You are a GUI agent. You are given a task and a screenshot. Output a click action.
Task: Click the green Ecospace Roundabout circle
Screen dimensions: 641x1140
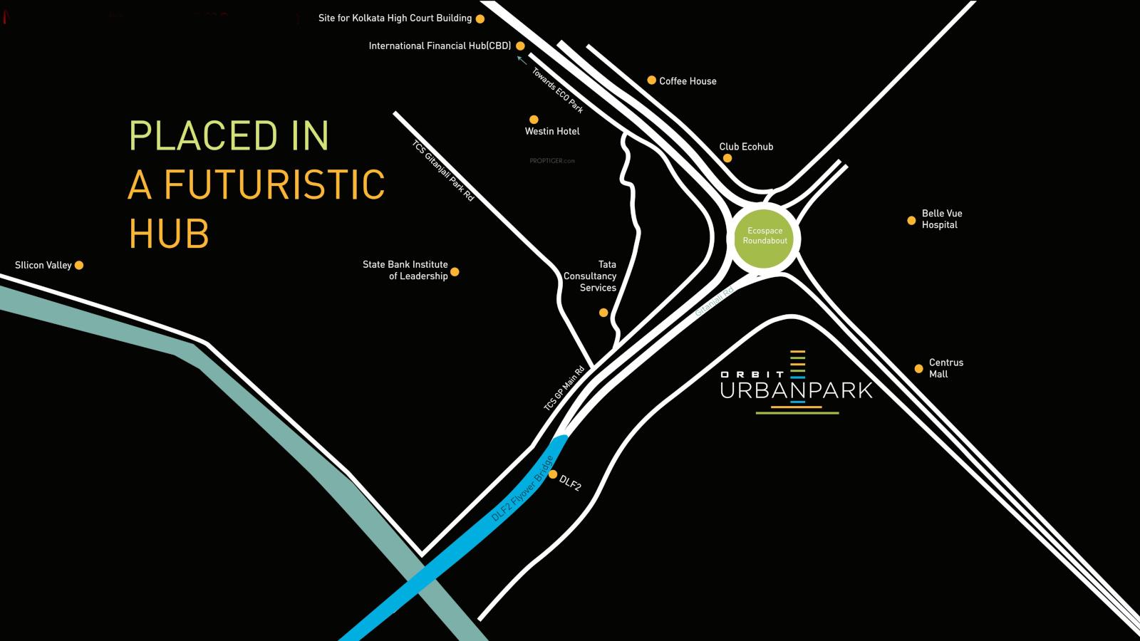(765, 236)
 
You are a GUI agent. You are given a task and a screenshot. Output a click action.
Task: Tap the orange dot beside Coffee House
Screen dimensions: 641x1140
(651, 80)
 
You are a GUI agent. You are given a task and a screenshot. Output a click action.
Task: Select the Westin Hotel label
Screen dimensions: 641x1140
(552, 131)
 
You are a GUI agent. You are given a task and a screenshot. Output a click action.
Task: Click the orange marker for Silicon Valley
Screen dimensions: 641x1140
(79, 265)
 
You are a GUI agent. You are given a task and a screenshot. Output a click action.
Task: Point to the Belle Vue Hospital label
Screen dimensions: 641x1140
(941, 219)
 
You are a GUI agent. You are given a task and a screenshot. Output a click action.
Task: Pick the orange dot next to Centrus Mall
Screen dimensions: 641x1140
(918, 368)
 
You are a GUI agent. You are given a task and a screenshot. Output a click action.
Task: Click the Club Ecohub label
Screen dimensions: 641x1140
(746, 147)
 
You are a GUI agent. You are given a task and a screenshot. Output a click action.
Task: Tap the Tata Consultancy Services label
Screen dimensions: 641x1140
(590, 276)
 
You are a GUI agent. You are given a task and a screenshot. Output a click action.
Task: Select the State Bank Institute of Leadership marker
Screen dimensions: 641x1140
(455, 271)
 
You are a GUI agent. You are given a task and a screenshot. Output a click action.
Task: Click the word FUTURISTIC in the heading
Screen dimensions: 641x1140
(274, 184)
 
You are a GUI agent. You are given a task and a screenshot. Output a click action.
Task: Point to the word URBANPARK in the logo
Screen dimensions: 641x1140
(796, 390)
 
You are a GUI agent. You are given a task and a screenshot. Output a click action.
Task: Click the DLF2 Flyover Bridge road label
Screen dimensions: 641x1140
(522, 489)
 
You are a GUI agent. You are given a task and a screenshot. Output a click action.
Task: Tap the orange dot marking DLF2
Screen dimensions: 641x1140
(553, 474)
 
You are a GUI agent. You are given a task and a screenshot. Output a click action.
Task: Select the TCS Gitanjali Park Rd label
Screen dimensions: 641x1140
(442, 170)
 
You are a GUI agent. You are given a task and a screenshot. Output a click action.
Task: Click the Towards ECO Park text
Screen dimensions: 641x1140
(558, 90)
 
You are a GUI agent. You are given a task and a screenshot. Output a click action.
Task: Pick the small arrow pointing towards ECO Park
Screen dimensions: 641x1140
(522, 61)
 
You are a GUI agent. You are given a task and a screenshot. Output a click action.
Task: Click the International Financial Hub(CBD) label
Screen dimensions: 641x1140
(440, 46)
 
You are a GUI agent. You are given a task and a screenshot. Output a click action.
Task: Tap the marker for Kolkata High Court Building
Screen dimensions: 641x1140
(480, 19)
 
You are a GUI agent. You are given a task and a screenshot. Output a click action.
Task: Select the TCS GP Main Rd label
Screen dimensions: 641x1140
(564, 387)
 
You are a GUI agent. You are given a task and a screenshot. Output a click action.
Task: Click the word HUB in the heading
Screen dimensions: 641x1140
(169, 233)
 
